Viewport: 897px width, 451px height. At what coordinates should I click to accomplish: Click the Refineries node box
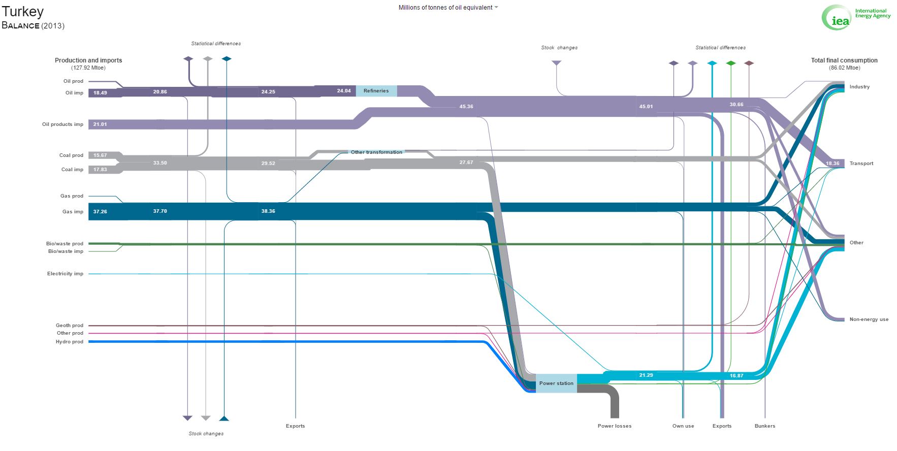coord(376,91)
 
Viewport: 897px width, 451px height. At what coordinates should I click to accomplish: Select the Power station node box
coord(556,383)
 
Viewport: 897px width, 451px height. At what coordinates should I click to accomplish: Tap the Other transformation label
coord(376,152)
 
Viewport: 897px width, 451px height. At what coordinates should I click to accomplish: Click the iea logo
coord(836,17)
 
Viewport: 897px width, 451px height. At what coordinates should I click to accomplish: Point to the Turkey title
coord(23,11)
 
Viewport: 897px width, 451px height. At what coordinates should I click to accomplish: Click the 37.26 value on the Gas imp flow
coord(100,212)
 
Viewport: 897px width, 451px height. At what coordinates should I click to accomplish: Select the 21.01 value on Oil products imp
coord(100,124)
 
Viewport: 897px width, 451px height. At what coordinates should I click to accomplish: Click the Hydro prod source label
coord(70,342)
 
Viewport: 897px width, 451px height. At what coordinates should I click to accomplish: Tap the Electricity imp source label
coord(65,274)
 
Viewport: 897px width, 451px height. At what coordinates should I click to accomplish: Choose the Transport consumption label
coord(861,164)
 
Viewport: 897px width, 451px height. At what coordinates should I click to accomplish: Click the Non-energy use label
coord(869,319)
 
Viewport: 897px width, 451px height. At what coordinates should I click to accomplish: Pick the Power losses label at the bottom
coord(615,426)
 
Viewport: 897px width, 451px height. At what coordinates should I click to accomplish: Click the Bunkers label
coord(765,426)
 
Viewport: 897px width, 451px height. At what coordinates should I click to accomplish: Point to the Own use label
coord(683,426)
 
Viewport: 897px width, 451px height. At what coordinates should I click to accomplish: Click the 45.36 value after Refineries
coord(466,107)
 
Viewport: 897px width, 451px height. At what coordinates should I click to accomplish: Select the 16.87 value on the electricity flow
coord(736,376)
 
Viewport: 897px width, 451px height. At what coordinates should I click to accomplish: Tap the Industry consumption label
coord(859,87)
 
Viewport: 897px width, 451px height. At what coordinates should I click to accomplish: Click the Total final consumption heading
coord(844,60)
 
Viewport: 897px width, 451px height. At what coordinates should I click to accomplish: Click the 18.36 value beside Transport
coord(832,164)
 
